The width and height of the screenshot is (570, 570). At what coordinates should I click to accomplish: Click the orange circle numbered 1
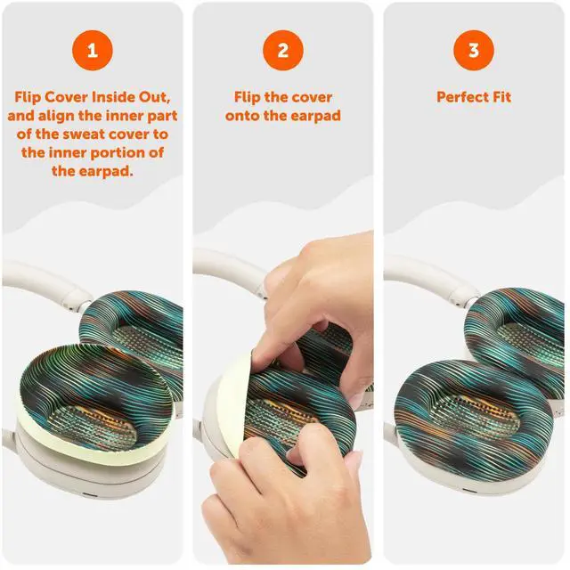coord(93,50)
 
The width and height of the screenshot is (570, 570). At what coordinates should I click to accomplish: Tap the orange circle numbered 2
coord(283,50)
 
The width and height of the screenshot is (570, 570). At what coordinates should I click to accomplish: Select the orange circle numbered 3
coord(474,50)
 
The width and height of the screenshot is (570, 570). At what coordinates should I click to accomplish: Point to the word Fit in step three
coord(501,97)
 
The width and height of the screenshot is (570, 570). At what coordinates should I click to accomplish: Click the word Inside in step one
coord(112,97)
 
